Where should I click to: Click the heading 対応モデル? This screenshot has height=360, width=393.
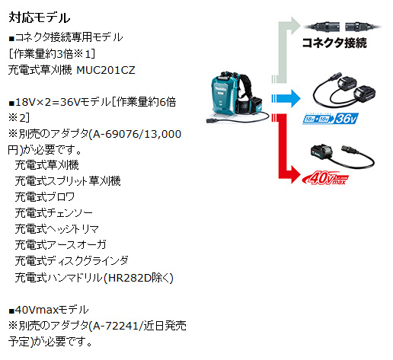point(39,18)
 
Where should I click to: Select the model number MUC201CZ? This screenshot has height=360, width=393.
point(106,70)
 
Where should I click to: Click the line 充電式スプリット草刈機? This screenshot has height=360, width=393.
point(68,181)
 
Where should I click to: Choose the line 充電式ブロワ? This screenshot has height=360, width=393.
point(45,197)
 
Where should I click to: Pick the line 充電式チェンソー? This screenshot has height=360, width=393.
point(53,213)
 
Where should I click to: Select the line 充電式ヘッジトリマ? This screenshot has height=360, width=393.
point(56,229)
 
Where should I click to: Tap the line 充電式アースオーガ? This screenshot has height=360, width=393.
point(60,245)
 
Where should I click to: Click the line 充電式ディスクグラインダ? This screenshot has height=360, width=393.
point(72,261)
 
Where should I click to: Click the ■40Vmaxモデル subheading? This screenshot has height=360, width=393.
point(49,310)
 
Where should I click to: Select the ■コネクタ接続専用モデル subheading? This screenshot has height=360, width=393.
point(65,37)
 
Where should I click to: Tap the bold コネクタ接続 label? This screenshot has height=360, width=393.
point(334,43)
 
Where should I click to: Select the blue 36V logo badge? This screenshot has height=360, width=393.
point(331,119)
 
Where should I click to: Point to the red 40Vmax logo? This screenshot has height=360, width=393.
point(325,177)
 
